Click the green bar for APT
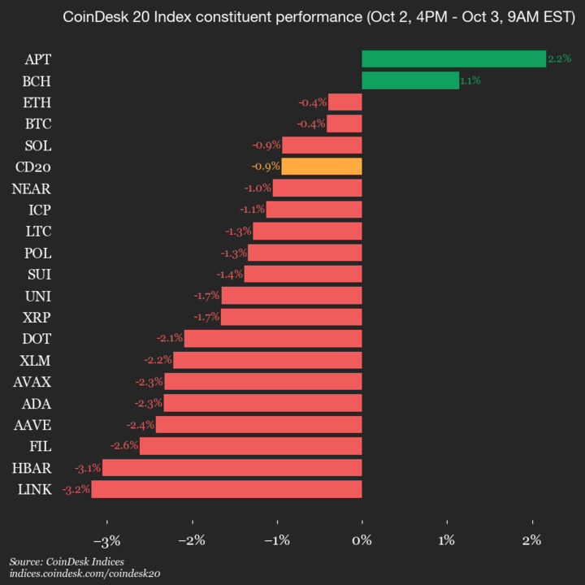click(453, 58)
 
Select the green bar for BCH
click(410, 80)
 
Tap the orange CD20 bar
click(321, 167)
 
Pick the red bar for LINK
click(227, 489)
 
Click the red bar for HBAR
click(232, 467)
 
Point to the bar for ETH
click(344, 102)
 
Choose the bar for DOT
click(273, 338)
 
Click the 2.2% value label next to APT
click(559, 58)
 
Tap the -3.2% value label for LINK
click(76, 489)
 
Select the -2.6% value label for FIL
click(124, 446)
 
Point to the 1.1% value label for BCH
click(470, 80)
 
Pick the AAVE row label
click(33, 424)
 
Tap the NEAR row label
click(32, 188)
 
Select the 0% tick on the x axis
click(362, 540)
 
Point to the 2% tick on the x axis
click(531, 540)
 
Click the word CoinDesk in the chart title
click(91, 17)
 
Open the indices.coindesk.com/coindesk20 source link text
click(84, 574)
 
